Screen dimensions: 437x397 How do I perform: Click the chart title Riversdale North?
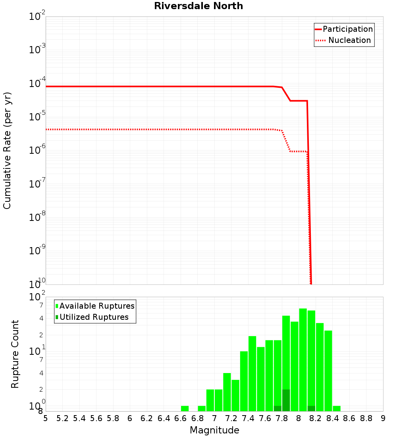pos(198,6)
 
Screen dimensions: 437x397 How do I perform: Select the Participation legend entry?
pos(344,29)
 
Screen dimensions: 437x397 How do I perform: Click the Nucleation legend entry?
pos(344,40)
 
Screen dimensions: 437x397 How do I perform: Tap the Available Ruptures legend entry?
pos(95,306)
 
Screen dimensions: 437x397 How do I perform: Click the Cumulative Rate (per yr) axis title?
pos(7,150)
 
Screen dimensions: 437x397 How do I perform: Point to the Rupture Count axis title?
pos(15,354)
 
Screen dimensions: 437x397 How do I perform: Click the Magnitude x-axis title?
pos(214,430)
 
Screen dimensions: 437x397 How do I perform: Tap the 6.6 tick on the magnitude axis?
pos(180,418)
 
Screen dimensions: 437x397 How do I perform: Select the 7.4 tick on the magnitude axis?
pos(248,418)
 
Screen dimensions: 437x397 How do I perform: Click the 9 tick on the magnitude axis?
pos(383,418)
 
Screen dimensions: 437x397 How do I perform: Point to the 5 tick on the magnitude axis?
pos(46,418)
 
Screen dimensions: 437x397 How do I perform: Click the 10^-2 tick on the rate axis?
pos(37,17)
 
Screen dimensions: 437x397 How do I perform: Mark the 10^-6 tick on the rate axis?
pos(37,151)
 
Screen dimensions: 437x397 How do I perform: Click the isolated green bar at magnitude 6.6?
pos(185,408)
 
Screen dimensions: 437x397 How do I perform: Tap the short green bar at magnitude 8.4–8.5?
pos(337,408)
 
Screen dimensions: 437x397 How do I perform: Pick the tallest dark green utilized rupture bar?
pos(286,400)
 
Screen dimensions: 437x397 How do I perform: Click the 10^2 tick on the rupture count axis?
pos(37,297)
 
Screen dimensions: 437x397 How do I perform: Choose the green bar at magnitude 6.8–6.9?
pos(202,408)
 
